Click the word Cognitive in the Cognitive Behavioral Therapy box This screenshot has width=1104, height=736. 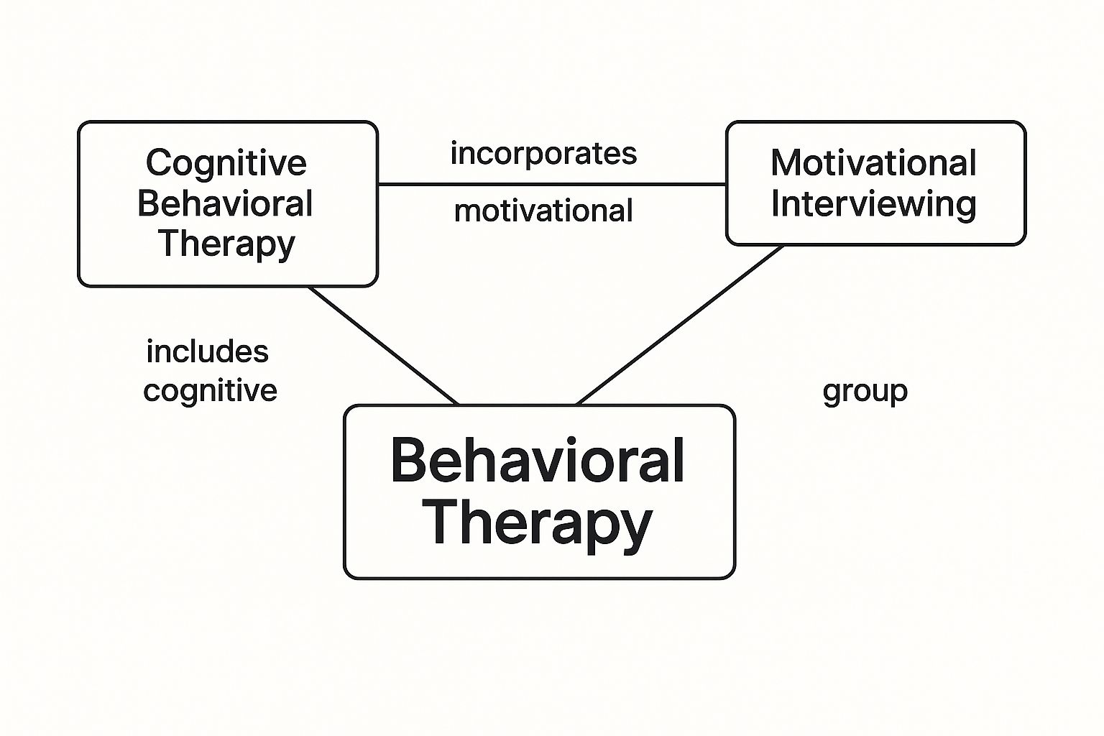(226, 164)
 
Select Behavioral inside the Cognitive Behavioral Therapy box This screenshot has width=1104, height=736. (225, 204)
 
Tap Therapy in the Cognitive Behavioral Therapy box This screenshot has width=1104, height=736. (226, 244)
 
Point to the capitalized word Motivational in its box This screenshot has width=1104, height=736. (873, 163)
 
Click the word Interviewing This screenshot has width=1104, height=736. (873, 204)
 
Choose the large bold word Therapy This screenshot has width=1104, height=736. (538, 523)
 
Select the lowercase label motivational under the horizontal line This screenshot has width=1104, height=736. (543, 211)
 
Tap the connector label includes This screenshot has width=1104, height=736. (207, 352)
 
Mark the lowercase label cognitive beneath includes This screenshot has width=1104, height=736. (210, 391)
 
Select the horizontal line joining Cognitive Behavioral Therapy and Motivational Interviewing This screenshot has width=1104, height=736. (552, 184)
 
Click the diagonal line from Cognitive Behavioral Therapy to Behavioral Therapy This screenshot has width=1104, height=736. (383, 346)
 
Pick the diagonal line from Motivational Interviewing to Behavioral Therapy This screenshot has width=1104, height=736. (679, 326)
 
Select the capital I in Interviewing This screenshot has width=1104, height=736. (776, 203)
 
